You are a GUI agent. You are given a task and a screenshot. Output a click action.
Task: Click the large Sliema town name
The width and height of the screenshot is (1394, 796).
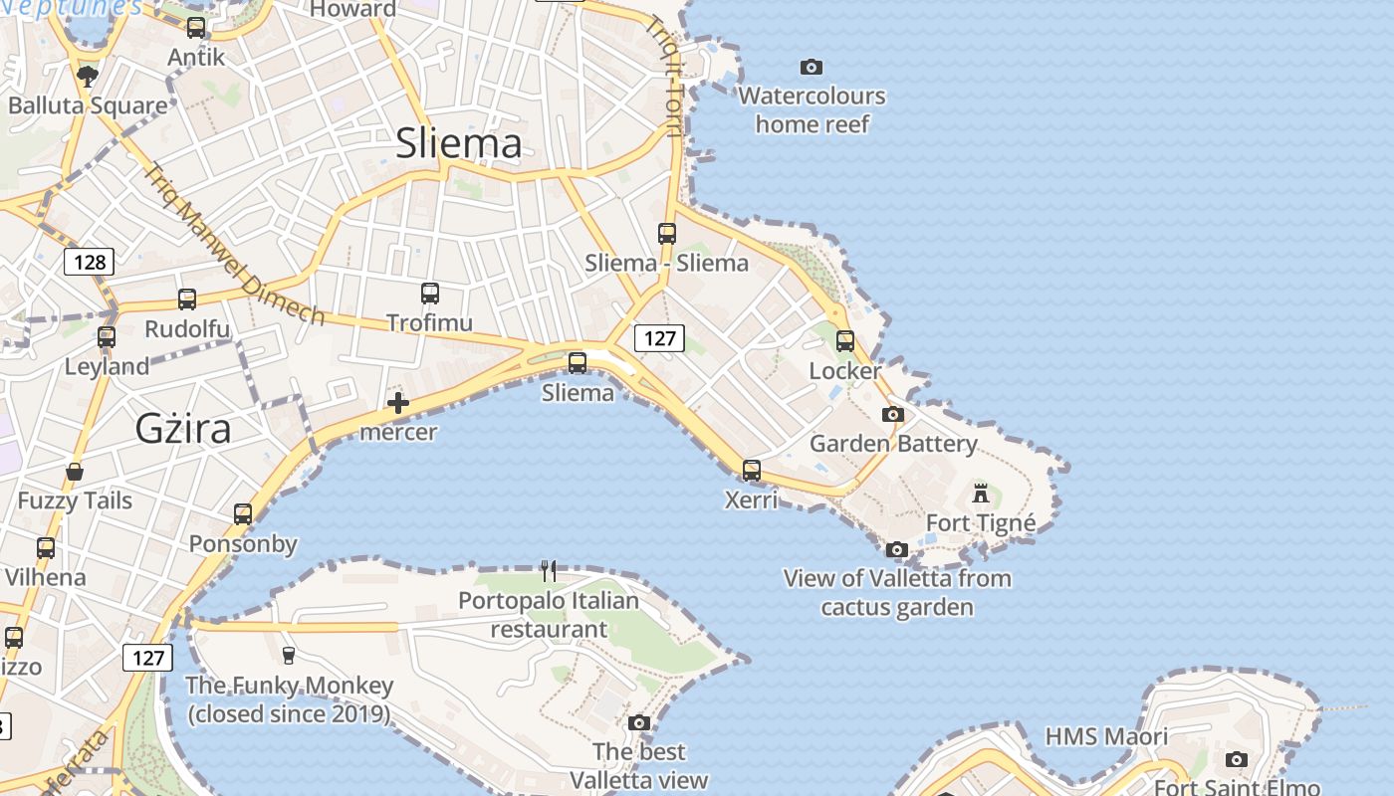(x=459, y=144)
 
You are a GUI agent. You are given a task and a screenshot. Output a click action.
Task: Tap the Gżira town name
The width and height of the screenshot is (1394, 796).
(x=183, y=429)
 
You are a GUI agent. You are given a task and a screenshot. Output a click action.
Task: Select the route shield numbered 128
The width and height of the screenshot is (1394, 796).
(x=90, y=262)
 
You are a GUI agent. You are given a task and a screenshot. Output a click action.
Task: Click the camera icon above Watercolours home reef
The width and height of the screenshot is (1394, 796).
(x=812, y=67)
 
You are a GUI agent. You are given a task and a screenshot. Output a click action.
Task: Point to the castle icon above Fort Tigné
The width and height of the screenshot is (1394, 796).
(x=981, y=493)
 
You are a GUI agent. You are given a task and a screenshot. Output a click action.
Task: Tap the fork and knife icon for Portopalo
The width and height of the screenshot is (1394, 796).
(x=549, y=570)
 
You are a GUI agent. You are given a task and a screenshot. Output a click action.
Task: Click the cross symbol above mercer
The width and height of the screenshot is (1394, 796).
(x=398, y=403)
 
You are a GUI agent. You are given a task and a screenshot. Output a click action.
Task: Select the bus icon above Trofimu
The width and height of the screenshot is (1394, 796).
(x=430, y=294)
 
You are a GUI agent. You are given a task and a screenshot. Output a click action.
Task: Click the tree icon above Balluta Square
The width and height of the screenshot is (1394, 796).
(x=88, y=76)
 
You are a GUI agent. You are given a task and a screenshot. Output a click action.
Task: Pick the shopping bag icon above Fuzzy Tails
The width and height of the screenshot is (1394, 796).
(x=75, y=471)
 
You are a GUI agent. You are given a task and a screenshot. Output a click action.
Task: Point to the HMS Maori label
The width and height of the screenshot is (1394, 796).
(x=1106, y=737)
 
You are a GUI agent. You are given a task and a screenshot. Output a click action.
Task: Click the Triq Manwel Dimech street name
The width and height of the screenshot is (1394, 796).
(x=235, y=245)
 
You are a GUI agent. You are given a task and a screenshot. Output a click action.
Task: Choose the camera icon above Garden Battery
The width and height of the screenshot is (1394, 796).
(x=893, y=414)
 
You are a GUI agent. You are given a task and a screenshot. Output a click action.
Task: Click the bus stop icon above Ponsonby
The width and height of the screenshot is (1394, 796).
(x=243, y=514)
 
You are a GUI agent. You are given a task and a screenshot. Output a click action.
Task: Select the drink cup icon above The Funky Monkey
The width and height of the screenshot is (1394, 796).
(x=289, y=655)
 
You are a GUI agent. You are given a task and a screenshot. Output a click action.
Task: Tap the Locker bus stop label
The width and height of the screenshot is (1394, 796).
(x=845, y=371)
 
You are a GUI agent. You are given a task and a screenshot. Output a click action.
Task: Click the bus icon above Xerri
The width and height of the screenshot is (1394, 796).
(x=752, y=470)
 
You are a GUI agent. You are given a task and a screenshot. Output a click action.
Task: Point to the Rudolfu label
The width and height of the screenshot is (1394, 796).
(x=187, y=329)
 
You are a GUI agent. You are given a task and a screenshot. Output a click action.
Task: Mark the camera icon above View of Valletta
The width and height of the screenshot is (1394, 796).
(x=897, y=549)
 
